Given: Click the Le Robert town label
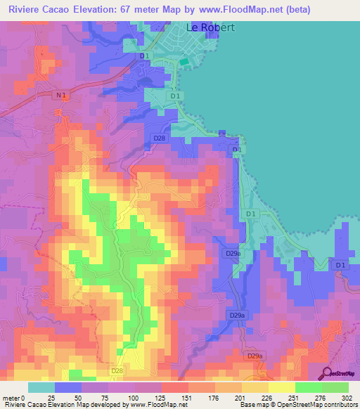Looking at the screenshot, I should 209,28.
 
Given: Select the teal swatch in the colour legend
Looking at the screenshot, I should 41,387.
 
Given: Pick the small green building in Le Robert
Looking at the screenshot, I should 184,62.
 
